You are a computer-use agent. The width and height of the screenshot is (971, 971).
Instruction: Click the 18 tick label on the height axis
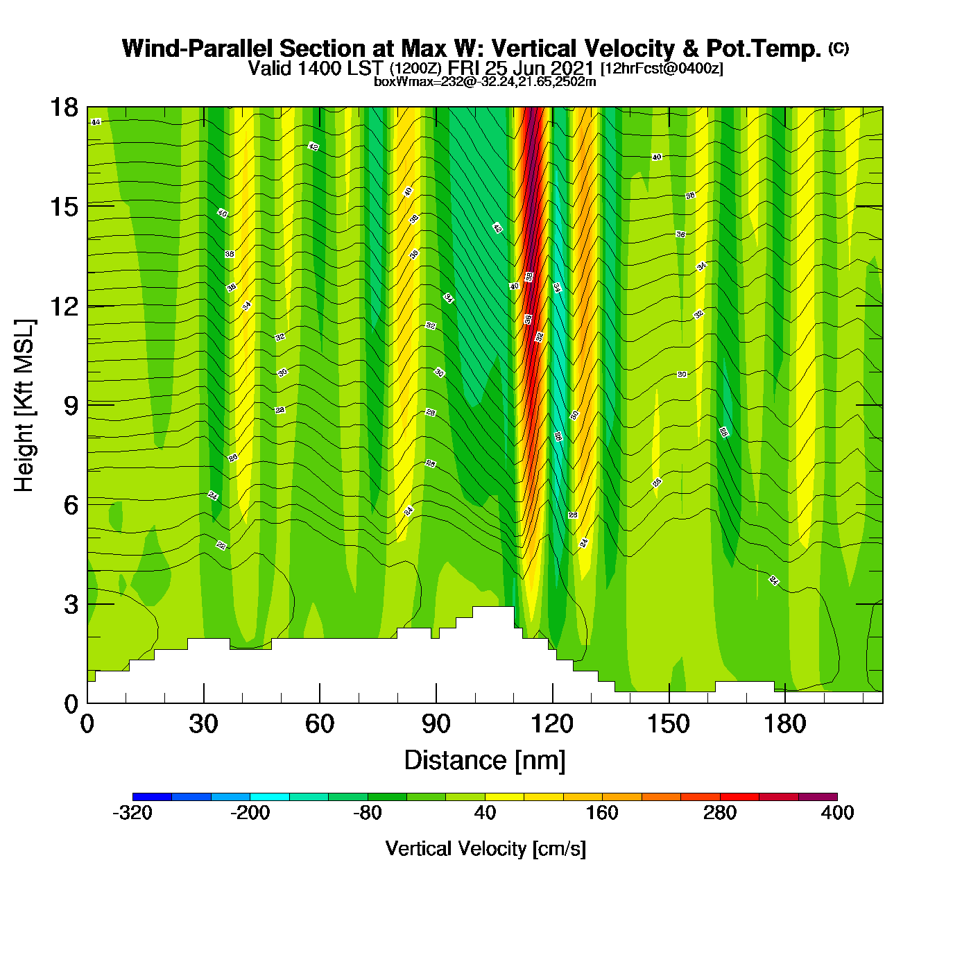pyautogui.click(x=63, y=108)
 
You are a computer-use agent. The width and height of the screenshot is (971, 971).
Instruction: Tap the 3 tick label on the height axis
pyautogui.click(x=71, y=605)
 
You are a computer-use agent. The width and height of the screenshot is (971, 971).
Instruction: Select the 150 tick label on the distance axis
pyautogui.click(x=669, y=725)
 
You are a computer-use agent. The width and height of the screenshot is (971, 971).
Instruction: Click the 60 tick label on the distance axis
pyautogui.click(x=320, y=725)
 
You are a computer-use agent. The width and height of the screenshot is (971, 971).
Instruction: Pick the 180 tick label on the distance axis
pyautogui.click(x=784, y=725)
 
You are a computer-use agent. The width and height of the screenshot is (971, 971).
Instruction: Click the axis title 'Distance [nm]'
pyautogui.click(x=485, y=761)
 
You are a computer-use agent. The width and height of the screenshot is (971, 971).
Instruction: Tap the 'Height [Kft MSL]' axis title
pyautogui.click(x=24, y=406)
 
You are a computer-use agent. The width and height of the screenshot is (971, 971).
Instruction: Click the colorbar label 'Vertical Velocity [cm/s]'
pyautogui.click(x=486, y=849)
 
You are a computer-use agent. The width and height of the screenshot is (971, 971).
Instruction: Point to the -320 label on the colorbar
pyautogui.click(x=132, y=813)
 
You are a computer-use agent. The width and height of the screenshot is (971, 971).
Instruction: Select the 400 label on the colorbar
pyautogui.click(x=837, y=813)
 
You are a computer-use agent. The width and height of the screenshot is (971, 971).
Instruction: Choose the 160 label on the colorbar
pyautogui.click(x=602, y=813)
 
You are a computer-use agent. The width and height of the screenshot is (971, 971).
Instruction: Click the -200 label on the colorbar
pyautogui.click(x=250, y=813)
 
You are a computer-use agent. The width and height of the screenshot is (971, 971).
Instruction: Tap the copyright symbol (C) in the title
pyautogui.click(x=839, y=48)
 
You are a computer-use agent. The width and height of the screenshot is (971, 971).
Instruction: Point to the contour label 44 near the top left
pyautogui.click(x=96, y=122)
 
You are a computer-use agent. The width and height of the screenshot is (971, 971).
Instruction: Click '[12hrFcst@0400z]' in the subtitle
pyautogui.click(x=662, y=69)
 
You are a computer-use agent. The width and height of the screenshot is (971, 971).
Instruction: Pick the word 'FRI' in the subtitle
pyautogui.click(x=464, y=68)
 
